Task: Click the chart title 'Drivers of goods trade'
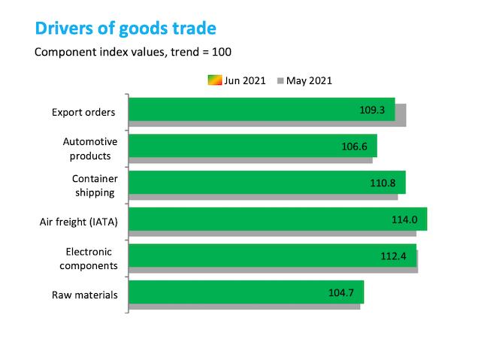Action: coord(126,29)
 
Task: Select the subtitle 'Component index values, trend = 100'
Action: coord(133,52)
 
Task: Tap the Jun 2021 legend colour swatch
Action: coord(215,80)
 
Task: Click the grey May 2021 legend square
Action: coord(280,80)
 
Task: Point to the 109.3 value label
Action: coord(372,110)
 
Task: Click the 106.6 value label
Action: coord(354,147)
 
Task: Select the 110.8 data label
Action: coord(383,183)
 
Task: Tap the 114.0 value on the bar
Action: coord(404,219)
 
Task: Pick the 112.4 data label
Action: coord(393,256)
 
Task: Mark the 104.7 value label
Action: coord(340,292)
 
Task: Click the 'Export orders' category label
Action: coord(83,112)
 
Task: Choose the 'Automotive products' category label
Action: coord(90,149)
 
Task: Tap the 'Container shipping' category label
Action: coord(95,186)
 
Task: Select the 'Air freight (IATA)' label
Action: coord(78,222)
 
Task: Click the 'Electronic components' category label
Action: coord(89,259)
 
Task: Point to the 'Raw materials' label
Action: coord(85,295)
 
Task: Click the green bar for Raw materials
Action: coord(247,292)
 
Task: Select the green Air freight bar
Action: coord(278,219)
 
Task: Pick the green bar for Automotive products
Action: coord(253,146)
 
